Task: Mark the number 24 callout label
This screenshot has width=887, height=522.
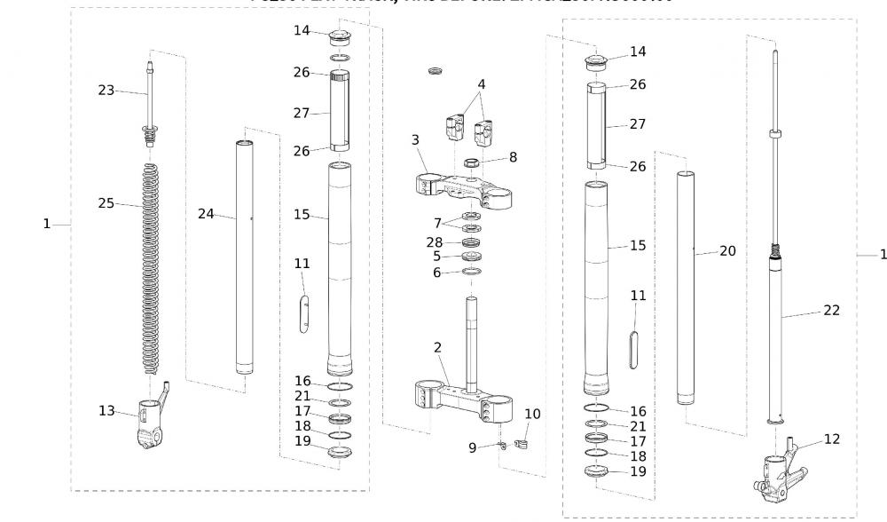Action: click(206, 213)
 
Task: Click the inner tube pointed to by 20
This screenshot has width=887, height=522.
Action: click(686, 293)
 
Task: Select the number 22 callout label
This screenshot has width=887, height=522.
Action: click(831, 311)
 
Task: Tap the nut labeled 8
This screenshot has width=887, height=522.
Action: click(473, 162)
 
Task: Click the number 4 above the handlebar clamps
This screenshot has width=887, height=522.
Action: click(481, 84)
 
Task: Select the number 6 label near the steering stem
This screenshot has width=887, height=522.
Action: click(436, 273)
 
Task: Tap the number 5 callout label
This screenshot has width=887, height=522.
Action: click(436, 257)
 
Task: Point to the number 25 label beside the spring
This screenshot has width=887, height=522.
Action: click(106, 202)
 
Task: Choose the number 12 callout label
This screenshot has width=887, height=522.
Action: click(831, 439)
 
